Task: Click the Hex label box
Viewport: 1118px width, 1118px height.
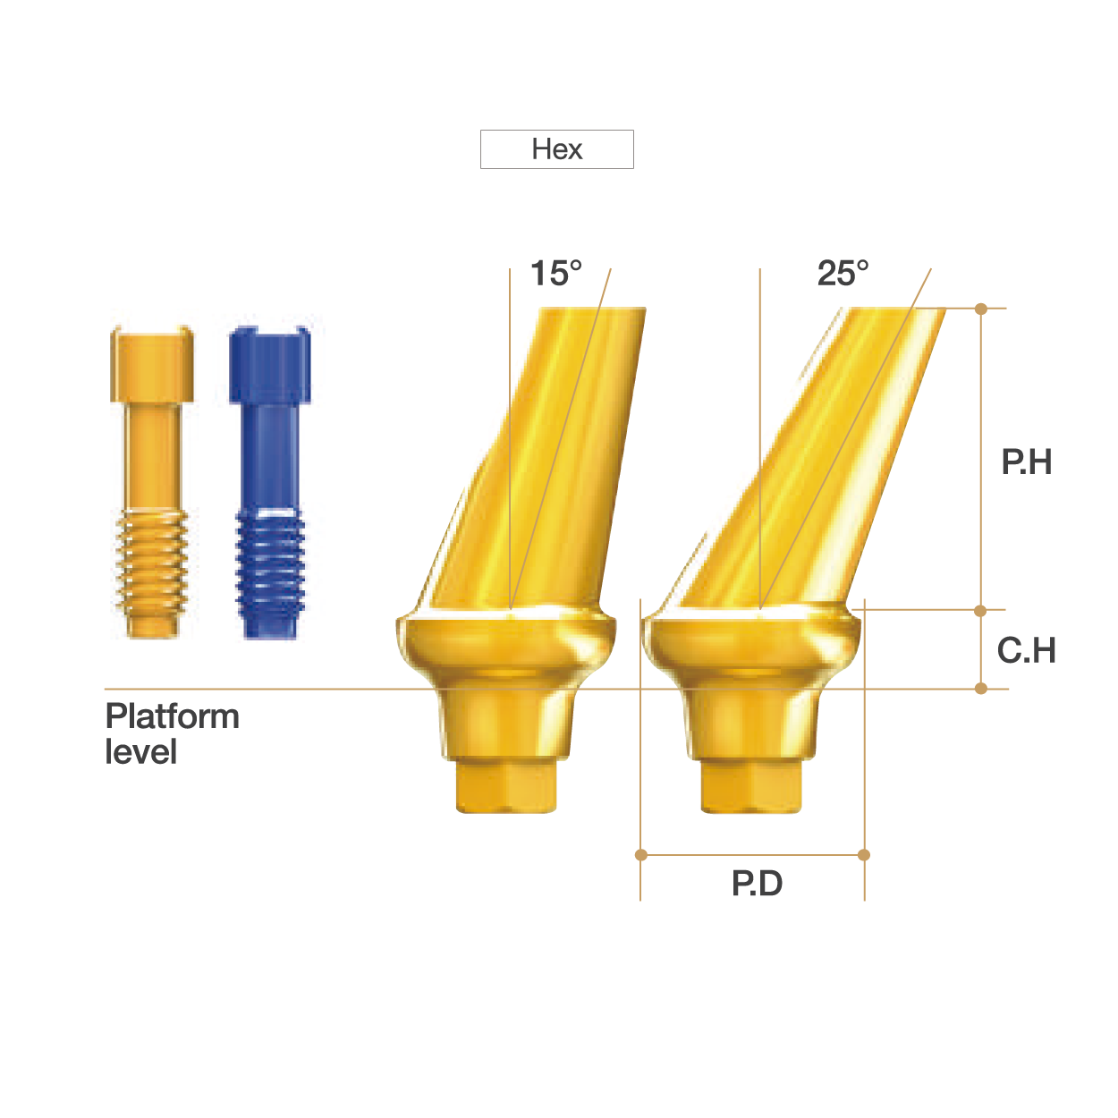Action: click(x=556, y=149)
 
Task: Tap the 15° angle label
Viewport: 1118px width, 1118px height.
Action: click(x=555, y=273)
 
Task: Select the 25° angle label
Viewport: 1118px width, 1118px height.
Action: click(x=843, y=273)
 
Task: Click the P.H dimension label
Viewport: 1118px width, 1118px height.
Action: click(x=1026, y=462)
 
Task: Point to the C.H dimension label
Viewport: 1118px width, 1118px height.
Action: click(x=1026, y=650)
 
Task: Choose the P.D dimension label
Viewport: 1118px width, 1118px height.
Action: click(x=757, y=884)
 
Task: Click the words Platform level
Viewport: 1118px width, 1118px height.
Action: click(x=172, y=733)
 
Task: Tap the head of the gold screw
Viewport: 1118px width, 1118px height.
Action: click(x=151, y=365)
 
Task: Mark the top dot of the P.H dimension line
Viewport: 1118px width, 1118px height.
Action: click(x=981, y=309)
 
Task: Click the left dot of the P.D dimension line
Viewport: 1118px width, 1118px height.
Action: click(x=641, y=855)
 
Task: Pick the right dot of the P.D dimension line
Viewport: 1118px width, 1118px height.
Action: click(x=864, y=855)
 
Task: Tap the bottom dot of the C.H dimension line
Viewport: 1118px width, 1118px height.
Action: click(x=981, y=689)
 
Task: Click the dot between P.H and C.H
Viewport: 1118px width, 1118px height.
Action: click(x=981, y=611)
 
